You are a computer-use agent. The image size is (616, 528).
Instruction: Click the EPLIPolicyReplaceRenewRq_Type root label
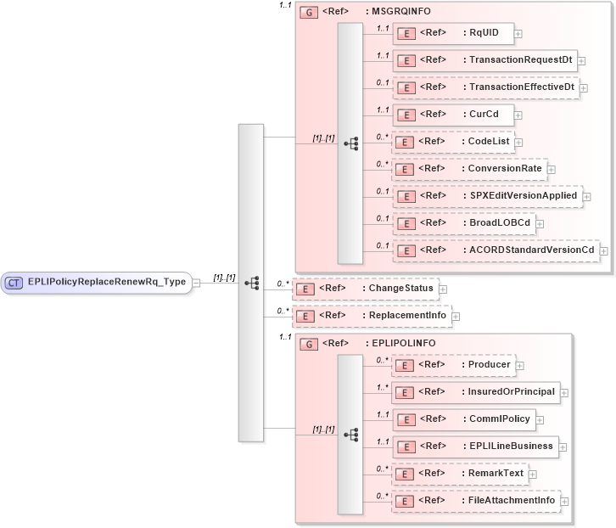108,283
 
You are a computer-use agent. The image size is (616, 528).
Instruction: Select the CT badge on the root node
14,283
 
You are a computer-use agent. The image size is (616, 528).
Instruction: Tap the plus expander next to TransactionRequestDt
582,61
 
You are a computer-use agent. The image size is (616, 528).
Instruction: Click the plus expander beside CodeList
518,143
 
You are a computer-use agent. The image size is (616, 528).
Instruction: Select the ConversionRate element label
505,169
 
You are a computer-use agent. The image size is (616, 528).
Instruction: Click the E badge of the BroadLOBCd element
406,223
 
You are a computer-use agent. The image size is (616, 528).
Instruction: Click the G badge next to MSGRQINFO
309,13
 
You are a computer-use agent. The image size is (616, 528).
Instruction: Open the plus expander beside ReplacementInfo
455,317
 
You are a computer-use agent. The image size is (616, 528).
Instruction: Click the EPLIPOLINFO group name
404,344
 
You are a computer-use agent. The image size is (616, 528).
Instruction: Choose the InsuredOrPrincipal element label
512,392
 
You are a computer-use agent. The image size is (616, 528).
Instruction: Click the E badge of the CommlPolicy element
406,419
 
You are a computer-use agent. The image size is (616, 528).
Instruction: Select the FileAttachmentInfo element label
512,501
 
